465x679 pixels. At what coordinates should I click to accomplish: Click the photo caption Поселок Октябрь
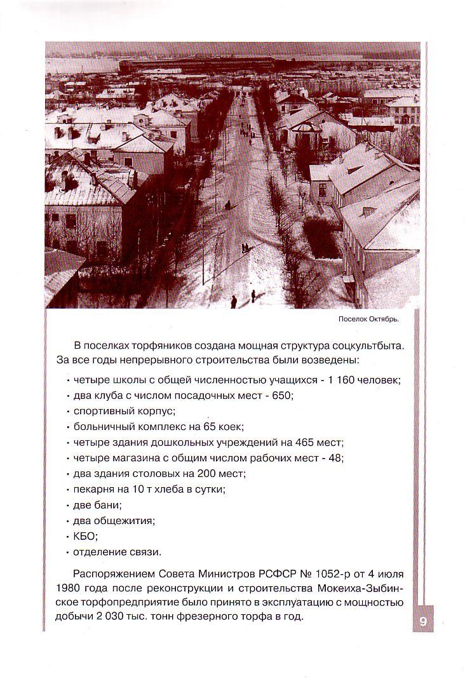368,319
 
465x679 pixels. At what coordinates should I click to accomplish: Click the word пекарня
93,489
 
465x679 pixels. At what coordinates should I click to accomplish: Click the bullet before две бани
68,506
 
